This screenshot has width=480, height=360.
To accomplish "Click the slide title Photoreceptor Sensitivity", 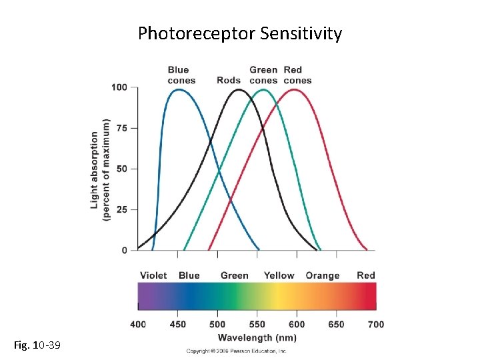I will (239, 33).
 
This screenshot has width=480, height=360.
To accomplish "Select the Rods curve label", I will (229, 81).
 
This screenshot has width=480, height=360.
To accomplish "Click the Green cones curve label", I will (263, 75).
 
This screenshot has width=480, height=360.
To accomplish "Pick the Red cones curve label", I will (297, 75).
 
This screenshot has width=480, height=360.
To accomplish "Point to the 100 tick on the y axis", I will (119, 87).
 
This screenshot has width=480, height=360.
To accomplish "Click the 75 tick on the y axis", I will (122, 128).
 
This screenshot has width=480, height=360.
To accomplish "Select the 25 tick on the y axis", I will (122, 209).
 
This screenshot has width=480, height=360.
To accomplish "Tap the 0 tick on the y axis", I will (125, 250).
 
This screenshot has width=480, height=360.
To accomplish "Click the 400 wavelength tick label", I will (138, 325).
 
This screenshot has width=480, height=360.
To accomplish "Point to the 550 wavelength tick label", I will (257, 325).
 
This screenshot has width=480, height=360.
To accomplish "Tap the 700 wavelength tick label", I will (376, 325).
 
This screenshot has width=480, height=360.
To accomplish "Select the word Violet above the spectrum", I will (153, 275).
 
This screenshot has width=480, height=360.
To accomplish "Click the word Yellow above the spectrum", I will (279, 275).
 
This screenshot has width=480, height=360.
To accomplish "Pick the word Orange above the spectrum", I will (323, 275).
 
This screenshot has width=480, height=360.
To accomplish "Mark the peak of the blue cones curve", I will (178, 89).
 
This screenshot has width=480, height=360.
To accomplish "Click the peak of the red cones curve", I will (294, 89).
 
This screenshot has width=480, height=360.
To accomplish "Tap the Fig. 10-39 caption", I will (37, 345).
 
